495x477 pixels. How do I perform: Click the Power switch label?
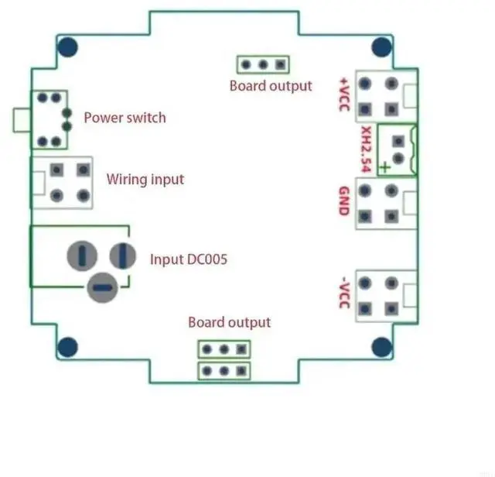click(125, 118)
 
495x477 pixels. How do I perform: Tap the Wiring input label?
click(145, 180)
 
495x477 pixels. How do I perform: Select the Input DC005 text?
click(189, 259)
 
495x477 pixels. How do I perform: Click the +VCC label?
click(344, 94)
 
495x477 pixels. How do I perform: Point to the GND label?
click(344, 201)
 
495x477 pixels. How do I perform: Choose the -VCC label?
click(345, 293)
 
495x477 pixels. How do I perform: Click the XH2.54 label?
click(366, 149)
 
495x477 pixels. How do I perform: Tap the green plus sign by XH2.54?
click(385, 167)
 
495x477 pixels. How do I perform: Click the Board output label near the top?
click(271, 86)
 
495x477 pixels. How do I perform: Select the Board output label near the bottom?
click(230, 322)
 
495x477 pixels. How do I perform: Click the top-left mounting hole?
click(67, 47)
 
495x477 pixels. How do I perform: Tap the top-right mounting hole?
click(381, 47)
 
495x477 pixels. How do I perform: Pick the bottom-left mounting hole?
click(67, 347)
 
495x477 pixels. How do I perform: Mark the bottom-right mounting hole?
click(381, 347)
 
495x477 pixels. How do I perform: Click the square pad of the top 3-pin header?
click(280, 65)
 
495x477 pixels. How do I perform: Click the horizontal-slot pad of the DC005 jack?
click(103, 287)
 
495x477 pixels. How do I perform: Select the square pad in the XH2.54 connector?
click(398, 141)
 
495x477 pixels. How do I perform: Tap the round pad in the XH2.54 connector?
click(398, 158)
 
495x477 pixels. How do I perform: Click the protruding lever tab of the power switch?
click(22, 120)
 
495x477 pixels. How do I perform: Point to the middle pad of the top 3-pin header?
click(263, 65)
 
